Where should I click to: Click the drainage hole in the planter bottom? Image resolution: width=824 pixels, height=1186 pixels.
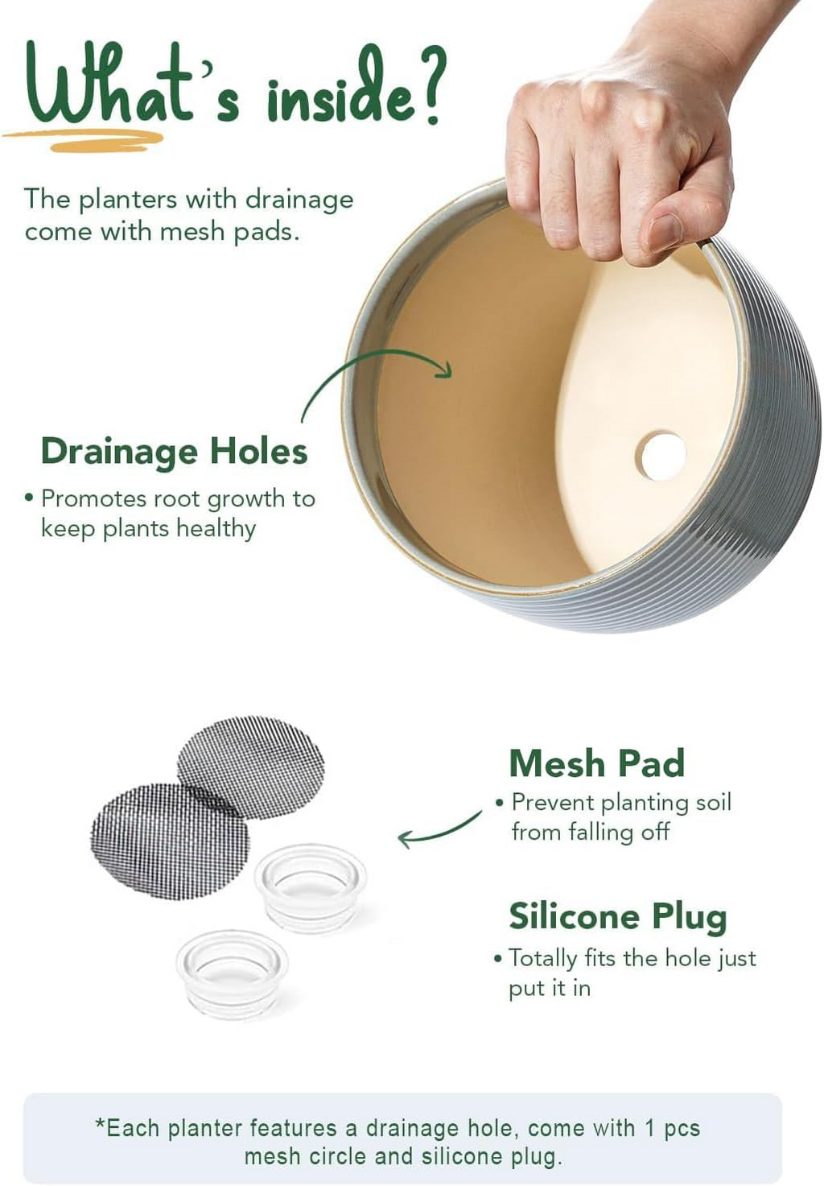pyautogui.click(x=661, y=456)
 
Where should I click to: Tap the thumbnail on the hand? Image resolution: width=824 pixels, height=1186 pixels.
pyautogui.click(x=665, y=233)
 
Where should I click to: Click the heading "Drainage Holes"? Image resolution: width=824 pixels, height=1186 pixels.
pyautogui.click(x=174, y=451)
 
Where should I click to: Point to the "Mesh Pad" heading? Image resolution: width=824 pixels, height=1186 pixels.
pyautogui.click(x=597, y=763)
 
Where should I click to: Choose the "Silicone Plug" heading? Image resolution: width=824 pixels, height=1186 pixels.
pyautogui.click(x=618, y=916)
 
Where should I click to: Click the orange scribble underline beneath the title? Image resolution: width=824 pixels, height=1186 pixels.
pyautogui.click(x=84, y=140)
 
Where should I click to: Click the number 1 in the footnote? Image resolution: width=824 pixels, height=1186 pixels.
pyautogui.click(x=649, y=1128)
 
